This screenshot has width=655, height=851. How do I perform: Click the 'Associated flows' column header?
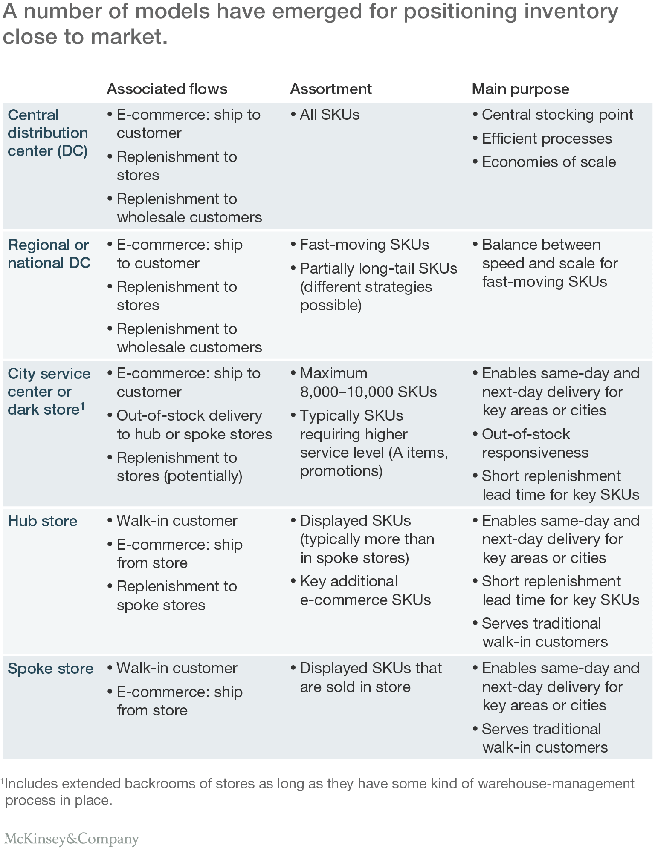(167, 89)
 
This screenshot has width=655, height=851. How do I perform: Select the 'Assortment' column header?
(330, 89)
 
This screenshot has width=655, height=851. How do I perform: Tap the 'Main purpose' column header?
(520, 89)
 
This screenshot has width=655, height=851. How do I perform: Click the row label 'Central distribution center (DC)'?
(48, 133)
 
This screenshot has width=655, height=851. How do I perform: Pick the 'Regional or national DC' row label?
(49, 254)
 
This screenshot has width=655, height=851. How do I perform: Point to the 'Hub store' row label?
(43, 521)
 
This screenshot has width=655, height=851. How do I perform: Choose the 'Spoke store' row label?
(50, 669)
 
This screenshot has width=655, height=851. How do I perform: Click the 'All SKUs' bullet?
(329, 115)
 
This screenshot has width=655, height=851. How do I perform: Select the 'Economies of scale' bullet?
(548, 162)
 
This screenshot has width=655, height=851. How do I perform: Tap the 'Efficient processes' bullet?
(547, 138)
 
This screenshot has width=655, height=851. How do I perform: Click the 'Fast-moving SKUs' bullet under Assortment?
(364, 245)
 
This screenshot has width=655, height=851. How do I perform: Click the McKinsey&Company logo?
(71, 838)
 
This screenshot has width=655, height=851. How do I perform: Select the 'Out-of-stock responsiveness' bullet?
(535, 443)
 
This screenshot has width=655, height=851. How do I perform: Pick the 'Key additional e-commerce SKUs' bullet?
(365, 591)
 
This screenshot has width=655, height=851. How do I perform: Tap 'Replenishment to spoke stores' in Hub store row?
(176, 596)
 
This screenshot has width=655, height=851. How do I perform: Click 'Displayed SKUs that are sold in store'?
(370, 678)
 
